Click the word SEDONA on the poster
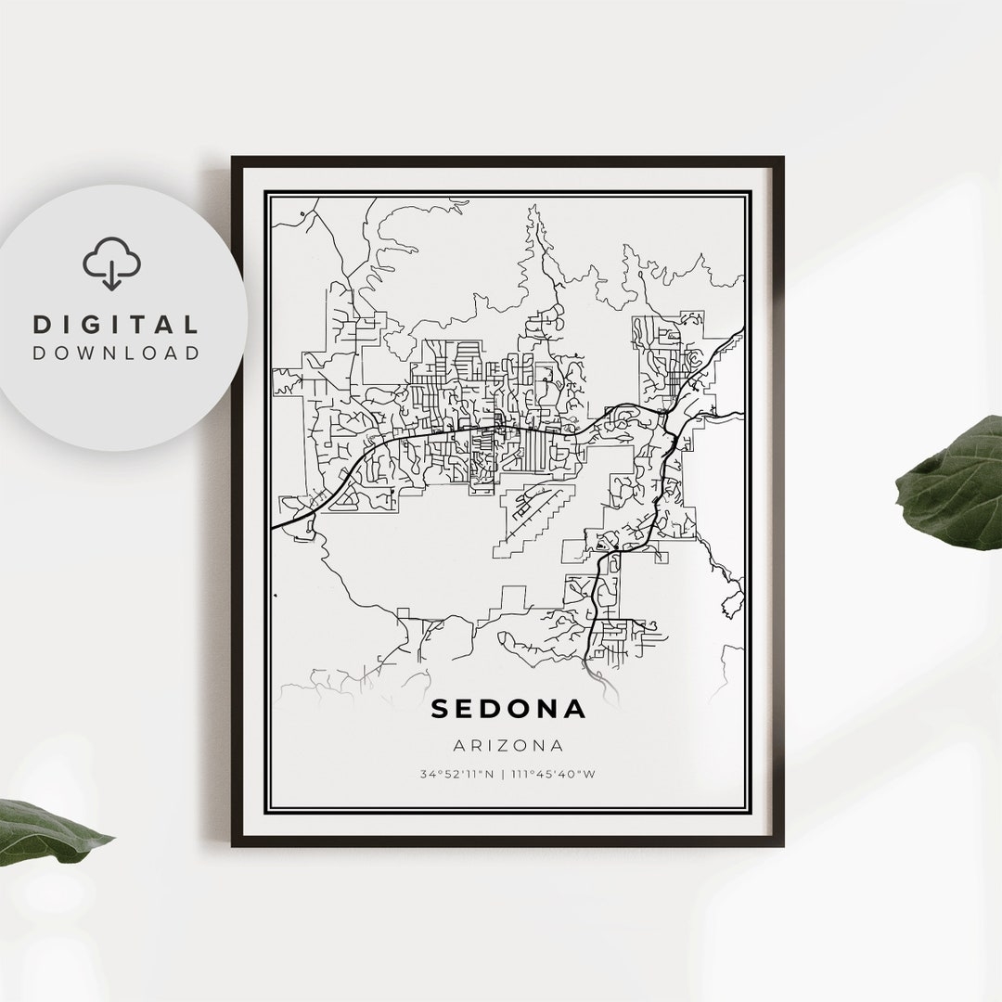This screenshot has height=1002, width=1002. click(x=508, y=710)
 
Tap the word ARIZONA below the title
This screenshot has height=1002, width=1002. click(x=508, y=745)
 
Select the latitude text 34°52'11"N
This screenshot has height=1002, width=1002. click(x=456, y=773)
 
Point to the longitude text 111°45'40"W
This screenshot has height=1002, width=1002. click(x=554, y=773)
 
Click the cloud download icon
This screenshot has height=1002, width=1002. click(x=111, y=263)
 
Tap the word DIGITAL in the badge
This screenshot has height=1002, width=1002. click(x=116, y=325)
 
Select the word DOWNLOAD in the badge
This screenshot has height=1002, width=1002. click(x=116, y=353)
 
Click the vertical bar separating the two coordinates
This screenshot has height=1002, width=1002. click(x=505, y=773)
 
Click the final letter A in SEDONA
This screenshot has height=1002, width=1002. click(x=575, y=710)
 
